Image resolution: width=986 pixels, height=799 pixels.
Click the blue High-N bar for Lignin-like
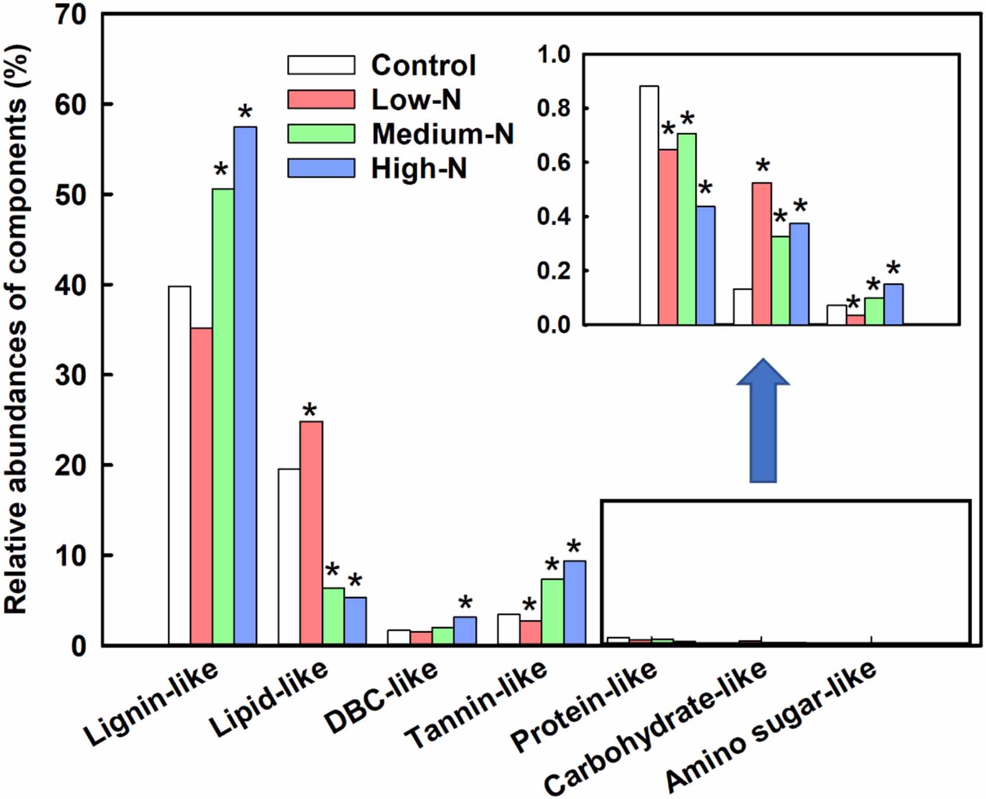pyautogui.click(x=245, y=386)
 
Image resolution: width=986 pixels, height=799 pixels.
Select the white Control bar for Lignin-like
pyautogui.click(x=179, y=465)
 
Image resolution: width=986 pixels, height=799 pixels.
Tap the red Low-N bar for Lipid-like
pyautogui.click(x=311, y=533)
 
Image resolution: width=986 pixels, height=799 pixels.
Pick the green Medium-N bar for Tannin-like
pyautogui.click(x=552, y=612)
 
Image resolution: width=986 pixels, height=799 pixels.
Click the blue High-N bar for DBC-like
pyautogui.click(x=465, y=630)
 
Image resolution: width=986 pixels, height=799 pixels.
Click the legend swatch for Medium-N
pyautogui.click(x=321, y=134)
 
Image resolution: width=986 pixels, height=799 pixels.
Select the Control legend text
pyautogui.click(x=423, y=65)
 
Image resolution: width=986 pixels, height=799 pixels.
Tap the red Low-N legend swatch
pyautogui.click(x=321, y=99)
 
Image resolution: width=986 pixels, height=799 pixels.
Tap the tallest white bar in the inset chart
pyautogui.click(x=649, y=206)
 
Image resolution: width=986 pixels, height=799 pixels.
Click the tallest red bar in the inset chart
pyautogui.click(x=761, y=254)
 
